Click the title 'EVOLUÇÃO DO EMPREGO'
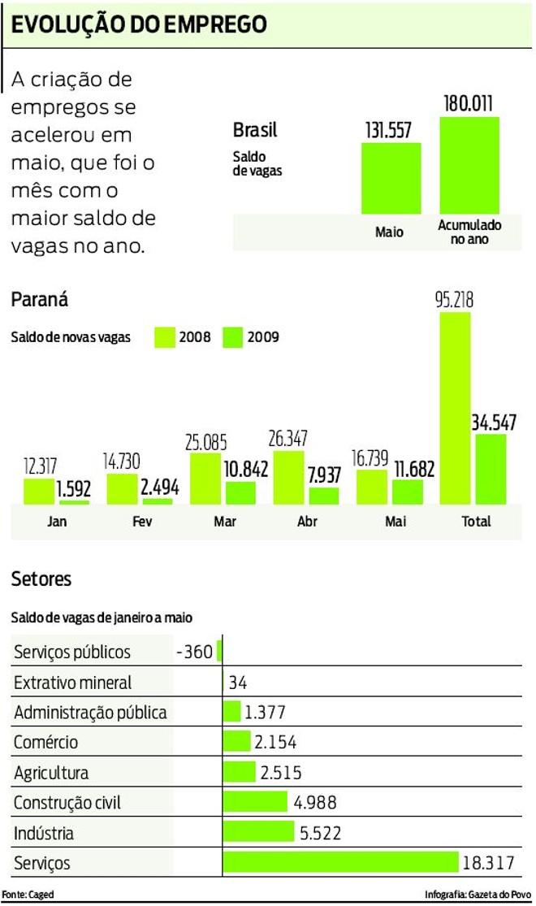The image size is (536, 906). click(139, 24)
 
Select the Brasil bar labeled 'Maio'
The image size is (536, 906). click(391, 178)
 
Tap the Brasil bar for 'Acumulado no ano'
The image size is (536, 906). click(469, 165)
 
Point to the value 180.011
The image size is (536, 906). click(469, 104)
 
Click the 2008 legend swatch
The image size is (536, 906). click(165, 336)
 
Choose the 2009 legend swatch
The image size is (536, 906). click(233, 336)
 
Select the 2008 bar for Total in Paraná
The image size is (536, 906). click(455, 408)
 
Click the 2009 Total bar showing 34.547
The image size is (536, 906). click(491, 469)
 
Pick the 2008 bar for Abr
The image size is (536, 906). click(288, 478)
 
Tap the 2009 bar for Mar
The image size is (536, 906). click(240, 493)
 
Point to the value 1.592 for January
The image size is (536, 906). click(73, 490)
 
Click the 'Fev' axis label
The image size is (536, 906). click(141, 522)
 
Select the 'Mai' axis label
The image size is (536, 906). click(396, 522)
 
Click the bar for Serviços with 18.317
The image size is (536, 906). click(341, 862)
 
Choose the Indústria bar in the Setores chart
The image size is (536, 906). click(258, 832)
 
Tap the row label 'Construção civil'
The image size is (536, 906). click(67, 803)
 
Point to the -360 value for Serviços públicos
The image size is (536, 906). click(194, 652)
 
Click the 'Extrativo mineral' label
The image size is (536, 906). click(72, 683)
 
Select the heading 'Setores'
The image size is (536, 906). click(41, 579)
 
